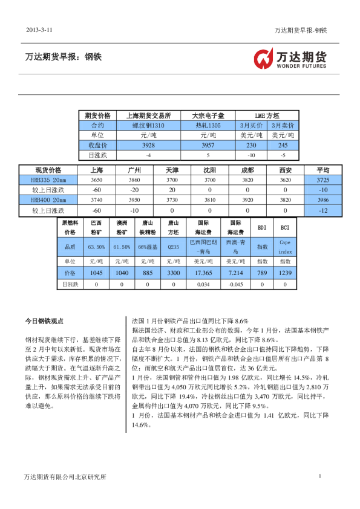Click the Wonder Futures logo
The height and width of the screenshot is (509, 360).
(290, 59)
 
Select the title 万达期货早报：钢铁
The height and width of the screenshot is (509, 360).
(64, 57)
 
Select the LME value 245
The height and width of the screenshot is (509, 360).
(283, 146)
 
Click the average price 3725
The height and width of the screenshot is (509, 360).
(322, 180)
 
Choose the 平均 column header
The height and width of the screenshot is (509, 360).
(322, 170)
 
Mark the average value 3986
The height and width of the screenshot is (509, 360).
(322, 199)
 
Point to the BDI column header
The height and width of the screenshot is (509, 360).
(262, 228)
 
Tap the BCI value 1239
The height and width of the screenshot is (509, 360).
(285, 273)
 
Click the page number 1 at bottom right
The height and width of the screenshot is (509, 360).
(319, 477)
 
